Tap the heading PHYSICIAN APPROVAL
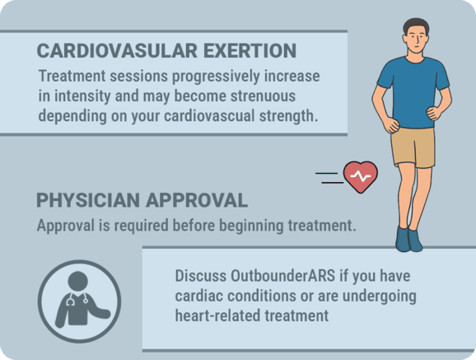click(142, 201)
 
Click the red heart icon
click(360, 176)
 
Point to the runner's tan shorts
click(412, 146)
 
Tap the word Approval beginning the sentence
click(67, 225)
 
